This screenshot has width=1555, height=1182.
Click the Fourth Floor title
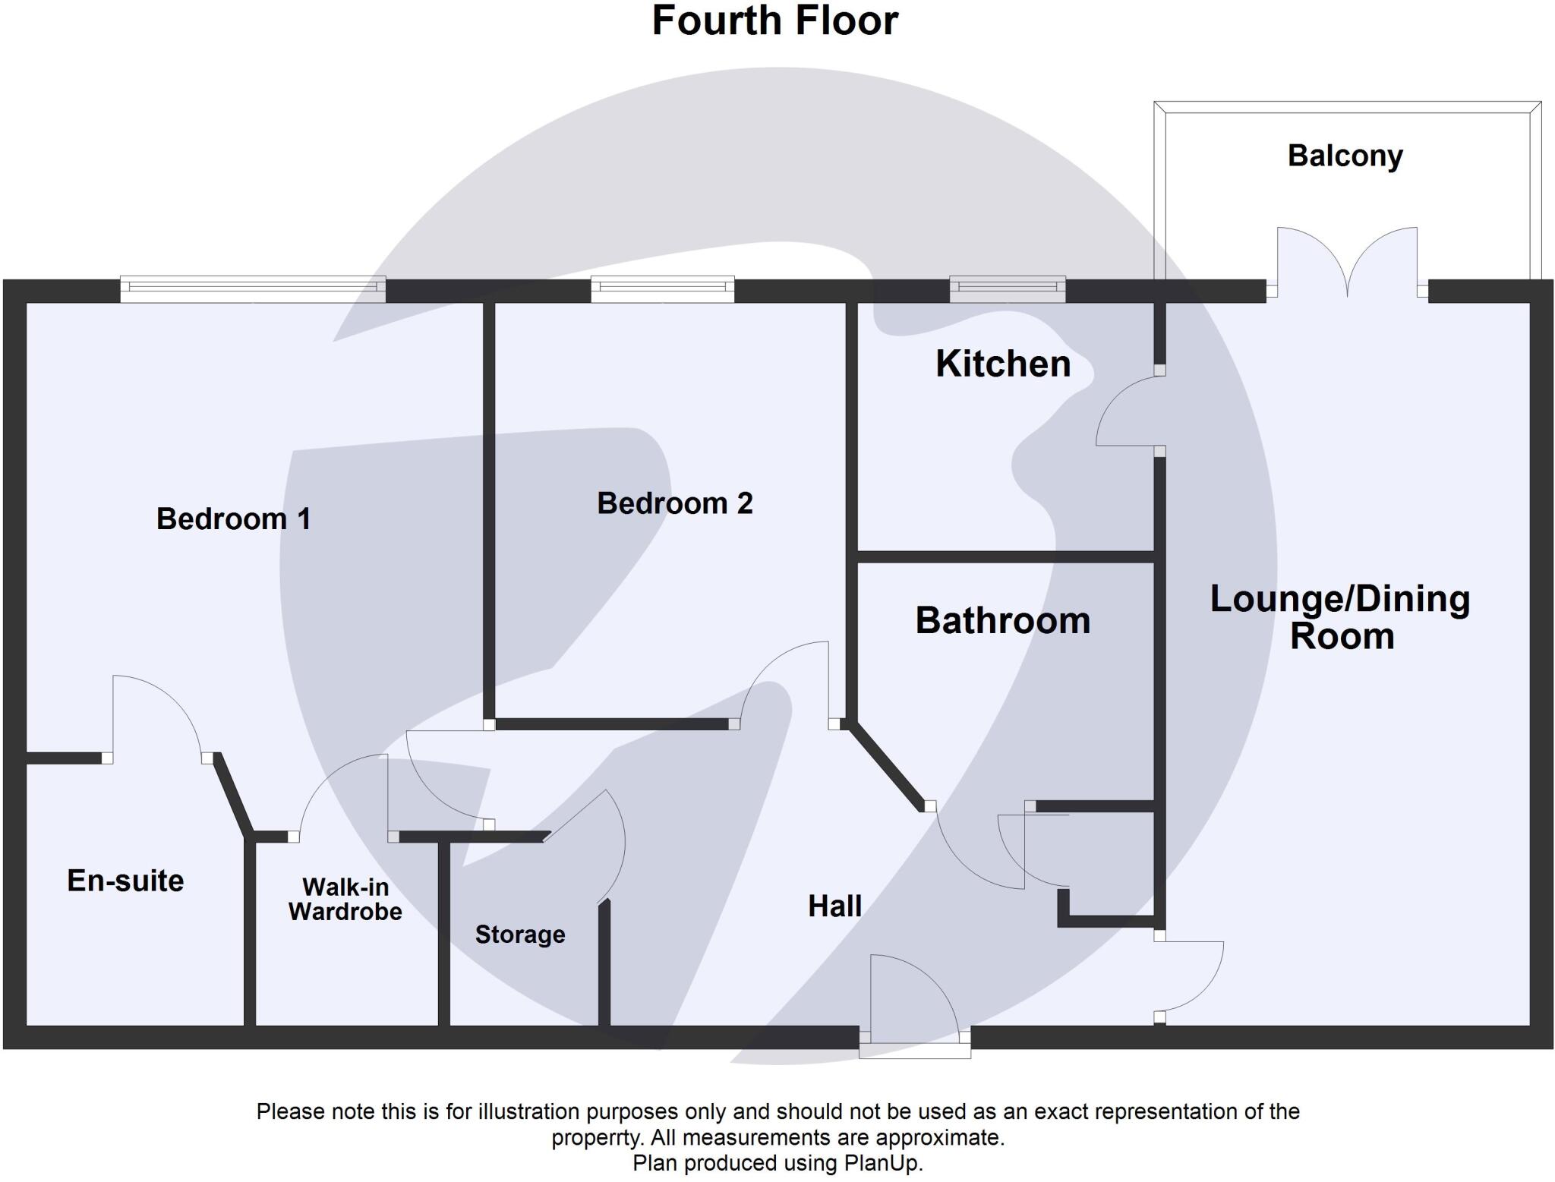pos(775,21)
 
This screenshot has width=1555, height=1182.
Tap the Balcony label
pos(1345,156)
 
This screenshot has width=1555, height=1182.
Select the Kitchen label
pos(1002,364)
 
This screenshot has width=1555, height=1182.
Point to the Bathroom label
pos(1002,621)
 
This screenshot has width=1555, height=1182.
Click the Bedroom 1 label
pos(233,519)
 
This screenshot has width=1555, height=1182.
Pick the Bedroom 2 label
pos(674,503)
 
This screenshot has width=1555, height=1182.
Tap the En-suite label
pos(125,881)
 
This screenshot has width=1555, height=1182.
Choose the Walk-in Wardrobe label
pos(345,899)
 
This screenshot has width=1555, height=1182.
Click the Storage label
pos(520,935)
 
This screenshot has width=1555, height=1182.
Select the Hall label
pos(834,906)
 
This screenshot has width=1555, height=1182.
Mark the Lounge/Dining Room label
pos(1340,616)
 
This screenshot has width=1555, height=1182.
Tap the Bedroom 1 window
pos(253,288)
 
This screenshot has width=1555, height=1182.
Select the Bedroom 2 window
pos(662,288)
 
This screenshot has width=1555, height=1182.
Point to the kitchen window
pos(1008,288)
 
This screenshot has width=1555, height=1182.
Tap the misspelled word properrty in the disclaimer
pos(594,1137)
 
